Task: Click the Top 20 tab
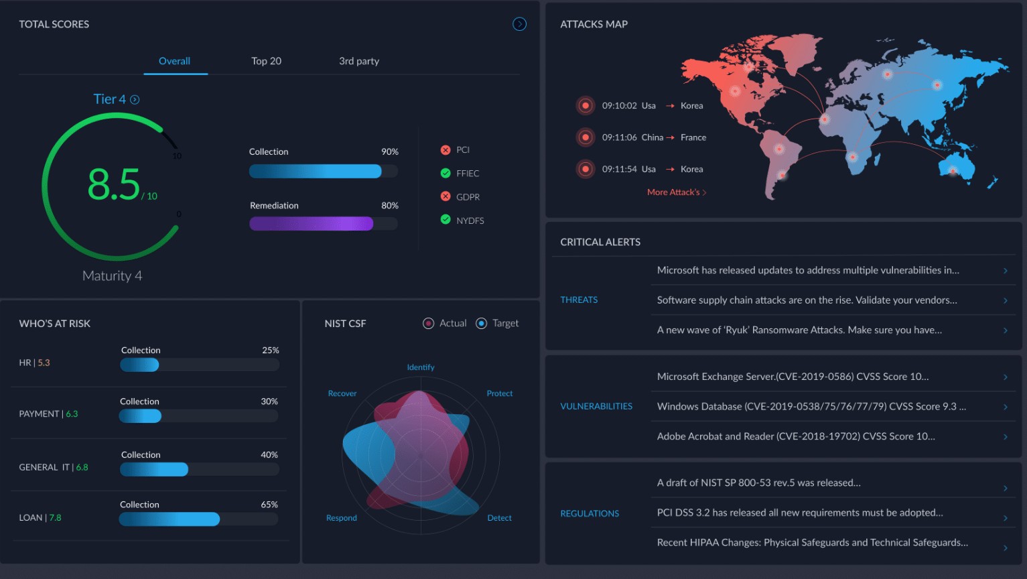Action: click(x=266, y=61)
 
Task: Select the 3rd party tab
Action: click(x=358, y=61)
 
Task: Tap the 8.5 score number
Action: click(x=114, y=185)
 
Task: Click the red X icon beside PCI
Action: click(x=446, y=149)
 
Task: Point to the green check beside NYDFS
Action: click(x=446, y=219)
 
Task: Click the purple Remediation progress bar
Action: click(x=311, y=224)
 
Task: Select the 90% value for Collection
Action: click(x=389, y=151)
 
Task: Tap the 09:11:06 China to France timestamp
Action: click(x=619, y=137)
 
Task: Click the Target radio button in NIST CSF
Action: click(x=481, y=324)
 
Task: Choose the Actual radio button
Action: click(x=429, y=324)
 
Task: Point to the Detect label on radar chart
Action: click(x=499, y=518)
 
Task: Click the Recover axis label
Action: click(x=342, y=393)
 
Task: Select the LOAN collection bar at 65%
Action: click(x=169, y=519)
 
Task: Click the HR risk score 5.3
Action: click(x=44, y=363)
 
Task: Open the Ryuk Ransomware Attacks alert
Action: click(x=799, y=330)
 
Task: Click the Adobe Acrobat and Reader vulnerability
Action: click(x=796, y=436)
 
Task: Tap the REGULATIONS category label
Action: click(x=590, y=513)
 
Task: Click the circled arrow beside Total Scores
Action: click(x=519, y=24)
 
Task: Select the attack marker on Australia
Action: click(x=953, y=170)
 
